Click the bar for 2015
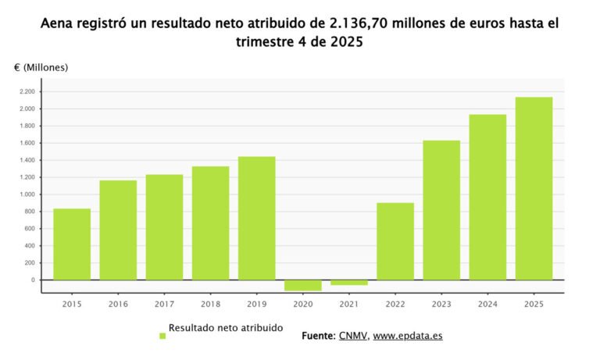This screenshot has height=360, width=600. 72,244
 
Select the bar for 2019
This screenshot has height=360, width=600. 256,218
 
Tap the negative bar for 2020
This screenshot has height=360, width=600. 302,285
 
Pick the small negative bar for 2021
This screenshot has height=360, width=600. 348,283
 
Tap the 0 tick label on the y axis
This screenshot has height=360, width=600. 33,280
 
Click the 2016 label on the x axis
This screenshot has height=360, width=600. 118,305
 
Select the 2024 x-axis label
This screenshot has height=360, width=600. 487,305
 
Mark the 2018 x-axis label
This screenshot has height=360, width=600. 210,305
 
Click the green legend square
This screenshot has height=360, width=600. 162,336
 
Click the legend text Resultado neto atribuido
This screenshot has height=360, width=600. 226,328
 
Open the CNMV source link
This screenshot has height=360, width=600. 352,336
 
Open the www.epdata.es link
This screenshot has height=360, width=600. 407,336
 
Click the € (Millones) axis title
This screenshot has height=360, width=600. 41,67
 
